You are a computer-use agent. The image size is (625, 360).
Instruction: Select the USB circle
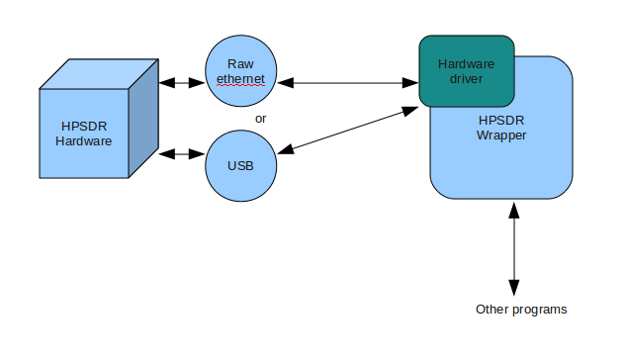[x=241, y=165]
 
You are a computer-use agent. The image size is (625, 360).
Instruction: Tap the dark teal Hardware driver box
[x=466, y=70]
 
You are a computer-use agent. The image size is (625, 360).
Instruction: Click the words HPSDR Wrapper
[x=500, y=127]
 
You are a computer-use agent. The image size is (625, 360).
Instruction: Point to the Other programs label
[x=521, y=310]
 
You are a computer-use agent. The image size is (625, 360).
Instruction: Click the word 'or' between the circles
[x=261, y=119]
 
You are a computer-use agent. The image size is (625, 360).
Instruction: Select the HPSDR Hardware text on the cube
[x=83, y=133]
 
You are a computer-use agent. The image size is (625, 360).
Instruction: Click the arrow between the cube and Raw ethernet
[x=182, y=83]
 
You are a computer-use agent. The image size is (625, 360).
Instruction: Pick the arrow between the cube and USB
[x=182, y=154]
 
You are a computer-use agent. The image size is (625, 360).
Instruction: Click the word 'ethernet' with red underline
[x=241, y=79]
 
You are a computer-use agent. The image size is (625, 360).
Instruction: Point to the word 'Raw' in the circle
[x=241, y=62]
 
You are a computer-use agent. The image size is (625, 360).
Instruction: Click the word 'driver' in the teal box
[x=466, y=77]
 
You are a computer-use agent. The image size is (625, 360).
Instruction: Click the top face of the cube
[x=99, y=74]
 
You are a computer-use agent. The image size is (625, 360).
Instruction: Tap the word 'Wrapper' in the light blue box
[x=500, y=135]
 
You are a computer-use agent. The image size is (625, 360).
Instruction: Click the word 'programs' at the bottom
[x=540, y=310]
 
